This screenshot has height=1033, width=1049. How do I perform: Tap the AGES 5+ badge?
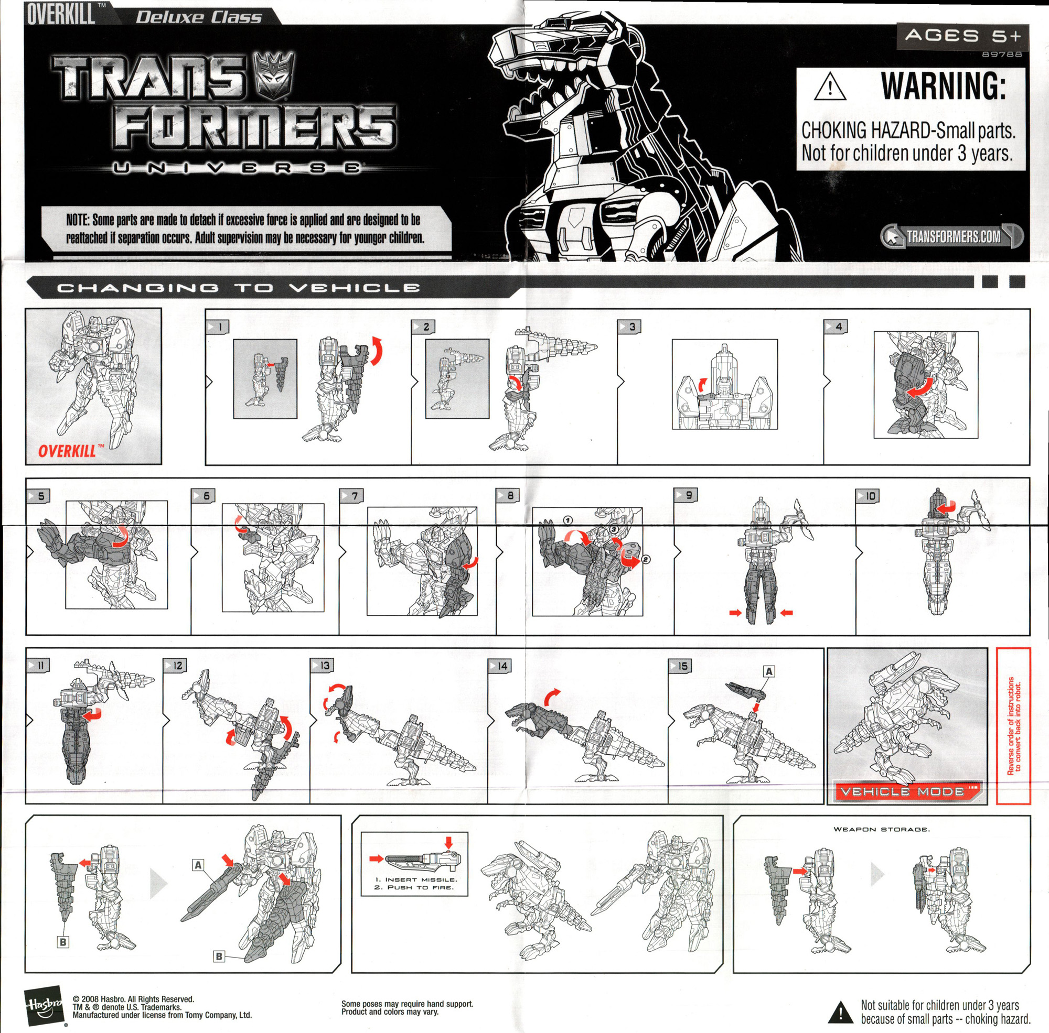[962, 36]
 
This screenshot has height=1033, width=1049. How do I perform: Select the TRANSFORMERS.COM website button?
[952, 236]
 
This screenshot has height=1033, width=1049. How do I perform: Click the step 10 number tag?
[868, 496]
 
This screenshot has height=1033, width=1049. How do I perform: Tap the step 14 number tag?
[499, 666]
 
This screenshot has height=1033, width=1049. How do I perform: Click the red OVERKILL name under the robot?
[67, 451]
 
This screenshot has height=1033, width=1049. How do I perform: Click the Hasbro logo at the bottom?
[44, 1005]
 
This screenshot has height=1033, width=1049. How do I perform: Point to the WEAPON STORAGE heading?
[882, 829]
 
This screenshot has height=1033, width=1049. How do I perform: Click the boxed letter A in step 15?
[769, 672]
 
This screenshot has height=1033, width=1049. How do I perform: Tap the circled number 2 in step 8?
[646, 559]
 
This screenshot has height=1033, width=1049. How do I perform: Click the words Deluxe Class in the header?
[199, 17]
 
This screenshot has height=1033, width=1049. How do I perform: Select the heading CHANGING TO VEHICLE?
[238, 288]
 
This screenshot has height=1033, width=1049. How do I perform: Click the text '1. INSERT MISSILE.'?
[416, 879]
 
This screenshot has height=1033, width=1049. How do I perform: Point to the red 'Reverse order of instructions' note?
[1014, 726]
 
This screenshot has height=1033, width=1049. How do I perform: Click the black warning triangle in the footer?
[840, 1012]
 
